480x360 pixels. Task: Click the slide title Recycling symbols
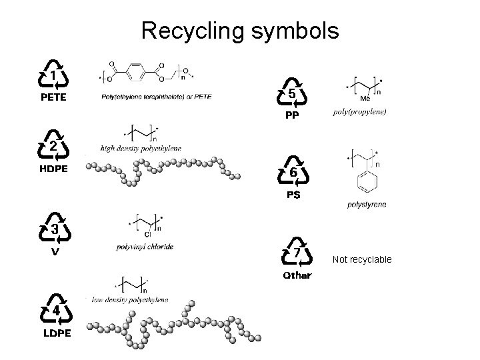(x=240, y=31)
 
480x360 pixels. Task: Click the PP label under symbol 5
(x=292, y=115)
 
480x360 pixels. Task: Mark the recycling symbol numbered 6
(x=293, y=173)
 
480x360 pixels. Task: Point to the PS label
(x=293, y=195)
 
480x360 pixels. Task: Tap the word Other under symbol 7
(x=297, y=275)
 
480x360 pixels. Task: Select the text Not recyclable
(x=362, y=259)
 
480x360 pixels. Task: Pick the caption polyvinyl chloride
(x=145, y=247)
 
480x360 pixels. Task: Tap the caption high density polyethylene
(x=141, y=147)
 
